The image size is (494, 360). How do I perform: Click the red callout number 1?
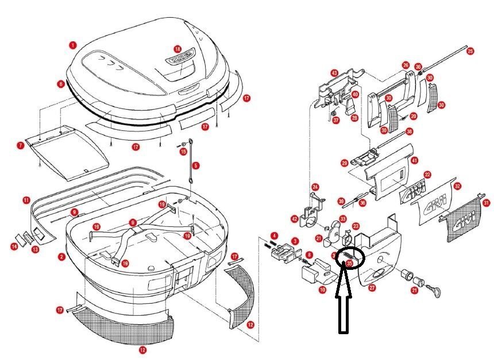coord(73,44)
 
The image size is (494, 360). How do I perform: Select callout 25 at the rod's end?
coord(470,51)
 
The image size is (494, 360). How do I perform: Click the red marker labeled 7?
coord(20,146)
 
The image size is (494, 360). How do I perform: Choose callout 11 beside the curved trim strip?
coord(26,200)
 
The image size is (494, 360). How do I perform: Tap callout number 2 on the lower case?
coord(61,257)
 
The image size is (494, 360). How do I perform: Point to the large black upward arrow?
coord(343,299)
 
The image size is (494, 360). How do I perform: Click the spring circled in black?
coord(352,256)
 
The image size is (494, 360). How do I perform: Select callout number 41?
coord(415,161)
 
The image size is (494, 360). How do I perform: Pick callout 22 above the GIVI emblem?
coord(427,174)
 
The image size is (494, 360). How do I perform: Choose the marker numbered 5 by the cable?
coord(196,165)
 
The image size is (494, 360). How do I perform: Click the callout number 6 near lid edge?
coord(61,84)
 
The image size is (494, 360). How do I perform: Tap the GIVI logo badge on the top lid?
coord(180,60)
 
